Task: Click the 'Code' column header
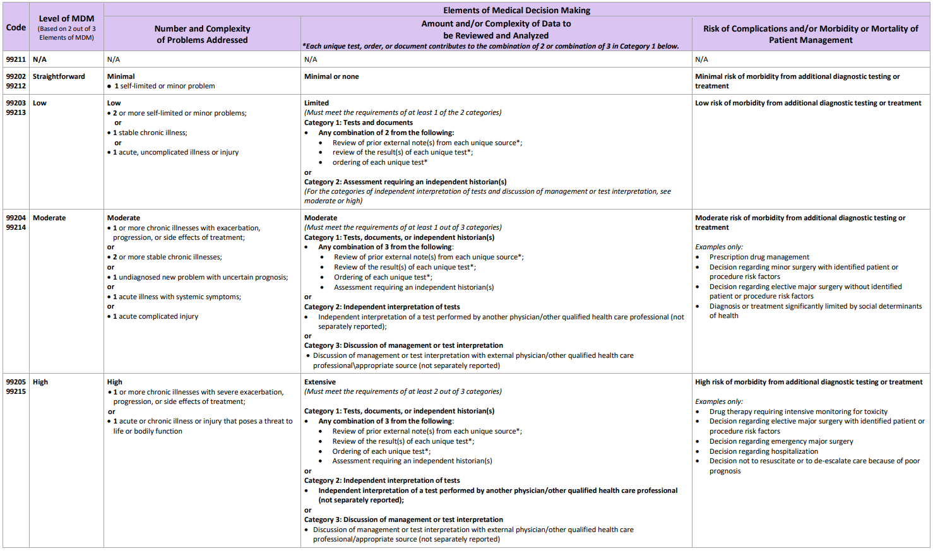tap(16, 27)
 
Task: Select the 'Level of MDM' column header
tap(66, 19)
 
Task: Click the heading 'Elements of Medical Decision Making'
tap(516, 10)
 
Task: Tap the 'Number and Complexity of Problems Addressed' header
tap(202, 34)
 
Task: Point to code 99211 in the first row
tap(16, 59)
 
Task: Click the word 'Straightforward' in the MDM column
tap(59, 76)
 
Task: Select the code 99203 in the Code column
tap(16, 103)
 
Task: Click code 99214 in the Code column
tap(16, 227)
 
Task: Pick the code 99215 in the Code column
tap(16, 391)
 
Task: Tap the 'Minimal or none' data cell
tap(331, 76)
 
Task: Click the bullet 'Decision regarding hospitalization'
tap(763, 451)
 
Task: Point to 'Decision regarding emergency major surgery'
tap(781, 441)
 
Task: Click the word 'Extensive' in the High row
tap(320, 382)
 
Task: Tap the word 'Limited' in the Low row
tap(316, 103)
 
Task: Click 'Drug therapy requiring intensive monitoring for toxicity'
tap(798, 412)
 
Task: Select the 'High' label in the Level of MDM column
tap(40, 382)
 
